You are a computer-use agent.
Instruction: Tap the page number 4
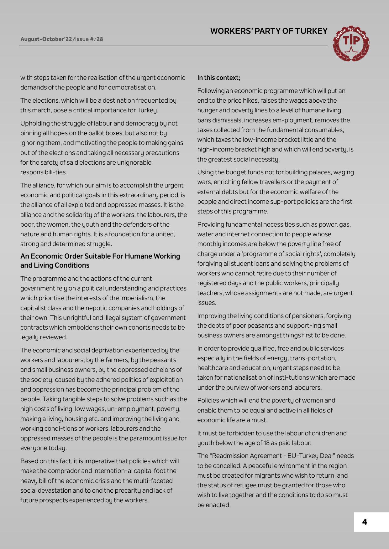[x=365, y=522]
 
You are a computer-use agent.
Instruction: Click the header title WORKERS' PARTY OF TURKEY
[x=269, y=31]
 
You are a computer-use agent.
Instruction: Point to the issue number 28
[x=100, y=39]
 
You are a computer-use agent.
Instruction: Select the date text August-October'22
[x=46, y=39]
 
